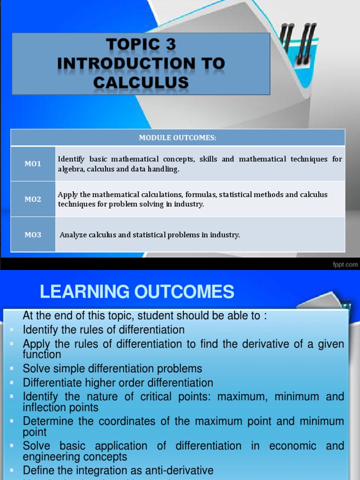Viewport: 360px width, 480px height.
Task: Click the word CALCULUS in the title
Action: click(x=141, y=82)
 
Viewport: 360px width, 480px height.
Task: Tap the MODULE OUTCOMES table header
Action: click(x=178, y=137)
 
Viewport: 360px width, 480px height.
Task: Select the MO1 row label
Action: click(x=33, y=164)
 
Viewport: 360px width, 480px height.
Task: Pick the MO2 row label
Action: click(x=33, y=199)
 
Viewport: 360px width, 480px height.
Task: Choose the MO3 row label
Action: click(x=33, y=234)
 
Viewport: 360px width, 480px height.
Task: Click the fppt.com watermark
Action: click(x=345, y=265)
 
